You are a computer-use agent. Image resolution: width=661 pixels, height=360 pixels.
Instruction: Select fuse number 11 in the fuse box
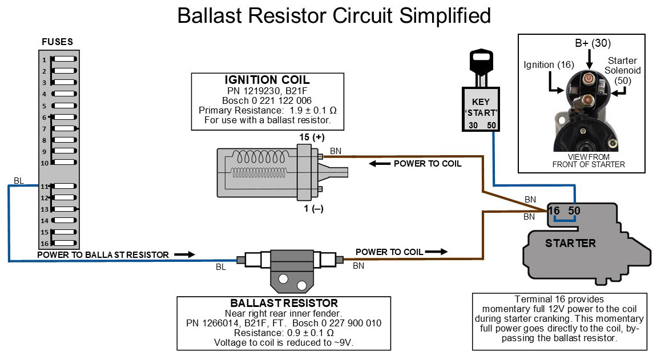coord(64,187)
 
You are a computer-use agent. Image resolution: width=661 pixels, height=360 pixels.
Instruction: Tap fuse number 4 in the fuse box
coord(64,94)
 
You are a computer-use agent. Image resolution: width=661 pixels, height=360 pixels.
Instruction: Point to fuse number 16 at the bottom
coord(64,244)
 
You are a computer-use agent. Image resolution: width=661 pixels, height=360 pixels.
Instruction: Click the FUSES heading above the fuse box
coord(58,42)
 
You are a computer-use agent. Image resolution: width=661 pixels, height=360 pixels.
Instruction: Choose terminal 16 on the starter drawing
coord(554,211)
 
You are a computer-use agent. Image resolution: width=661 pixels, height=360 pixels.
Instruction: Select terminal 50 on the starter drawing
coord(574,211)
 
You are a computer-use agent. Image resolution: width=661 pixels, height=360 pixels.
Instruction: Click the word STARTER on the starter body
coord(570,244)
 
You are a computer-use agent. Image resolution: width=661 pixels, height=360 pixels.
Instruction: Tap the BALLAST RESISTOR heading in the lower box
coord(284,303)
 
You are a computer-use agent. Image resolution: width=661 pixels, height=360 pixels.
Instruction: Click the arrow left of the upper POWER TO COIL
coord(377,164)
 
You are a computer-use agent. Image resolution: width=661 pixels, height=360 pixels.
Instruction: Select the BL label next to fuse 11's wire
coord(18,181)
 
